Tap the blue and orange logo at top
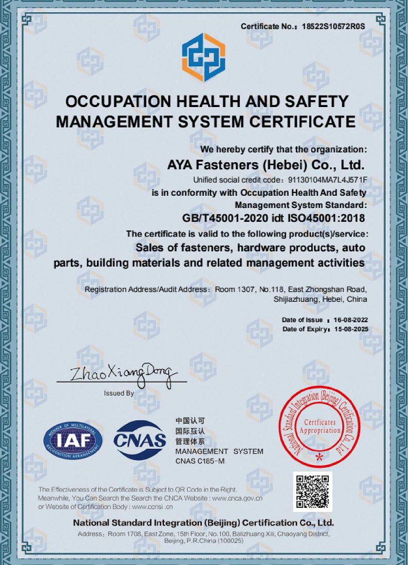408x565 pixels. [203, 57]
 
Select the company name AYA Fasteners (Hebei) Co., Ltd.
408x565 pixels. [266, 165]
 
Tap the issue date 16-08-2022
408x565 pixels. [350, 320]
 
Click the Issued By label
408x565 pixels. [119, 393]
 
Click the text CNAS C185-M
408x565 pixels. [200, 461]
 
